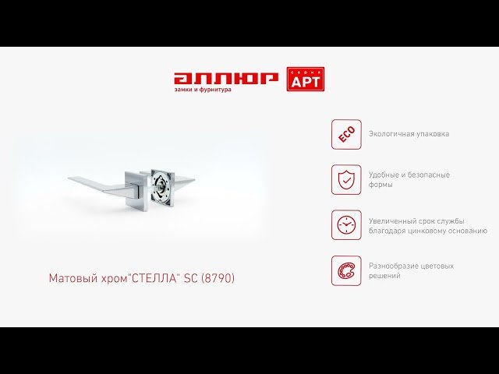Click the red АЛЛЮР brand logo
226,79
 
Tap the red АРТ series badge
306,79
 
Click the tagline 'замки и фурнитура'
203,90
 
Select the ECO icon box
346,135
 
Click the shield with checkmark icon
346,180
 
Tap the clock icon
346,225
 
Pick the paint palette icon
346,270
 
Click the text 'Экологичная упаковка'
409,134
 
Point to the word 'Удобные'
384,175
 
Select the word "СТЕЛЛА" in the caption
154,278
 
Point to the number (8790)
218,278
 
